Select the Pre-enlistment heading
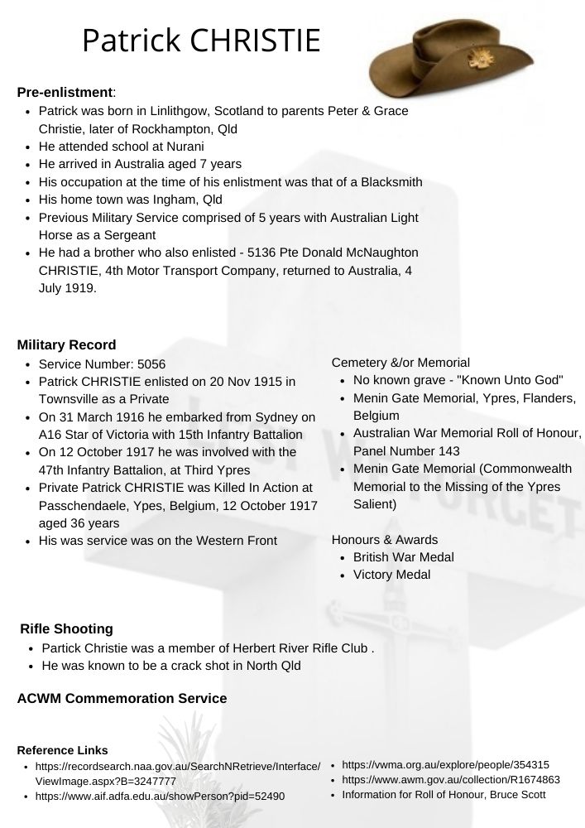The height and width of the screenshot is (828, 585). [x=65, y=92]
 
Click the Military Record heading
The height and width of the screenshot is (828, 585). [x=66, y=345]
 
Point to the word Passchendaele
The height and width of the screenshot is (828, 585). [x=81, y=506]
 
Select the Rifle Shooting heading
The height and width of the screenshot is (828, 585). [x=66, y=629]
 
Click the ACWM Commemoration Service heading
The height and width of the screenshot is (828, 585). [x=122, y=699]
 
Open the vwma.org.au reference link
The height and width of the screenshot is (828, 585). [x=445, y=765]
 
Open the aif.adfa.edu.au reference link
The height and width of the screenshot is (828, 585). [x=160, y=796]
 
